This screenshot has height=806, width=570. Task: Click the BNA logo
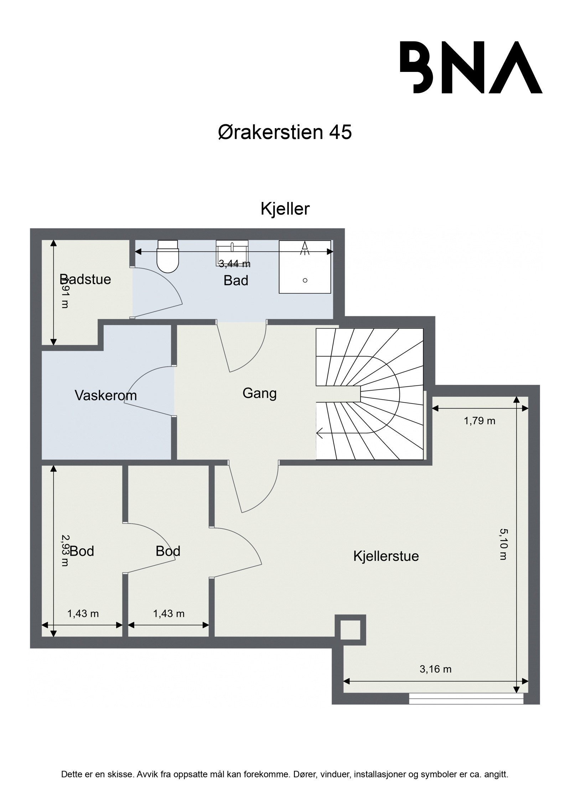[x=471, y=67]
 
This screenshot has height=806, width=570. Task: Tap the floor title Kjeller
[x=285, y=209]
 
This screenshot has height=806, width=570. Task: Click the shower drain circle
[x=305, y=280]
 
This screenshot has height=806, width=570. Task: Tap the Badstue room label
[x=85, y=279]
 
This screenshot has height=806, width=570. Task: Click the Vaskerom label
[x=106, y=395]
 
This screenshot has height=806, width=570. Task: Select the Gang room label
[x=259, y=393]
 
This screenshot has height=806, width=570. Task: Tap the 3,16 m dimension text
[x=435, y=669]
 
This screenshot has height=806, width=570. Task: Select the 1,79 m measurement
[x=480, y=421]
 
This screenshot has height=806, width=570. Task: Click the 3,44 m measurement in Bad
[x=234, y=264]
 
